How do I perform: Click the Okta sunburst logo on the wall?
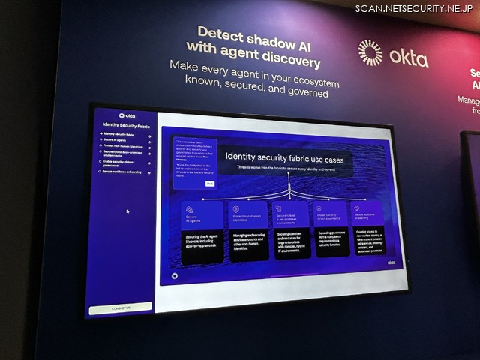click(370, 53)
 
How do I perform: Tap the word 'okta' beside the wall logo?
click(409, 56)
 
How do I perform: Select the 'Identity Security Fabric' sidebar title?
click(126, 125)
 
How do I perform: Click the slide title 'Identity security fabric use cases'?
click(286, 159)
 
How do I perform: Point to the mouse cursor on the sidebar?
click(127, 211)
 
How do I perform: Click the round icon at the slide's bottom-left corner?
click(173, 274)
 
